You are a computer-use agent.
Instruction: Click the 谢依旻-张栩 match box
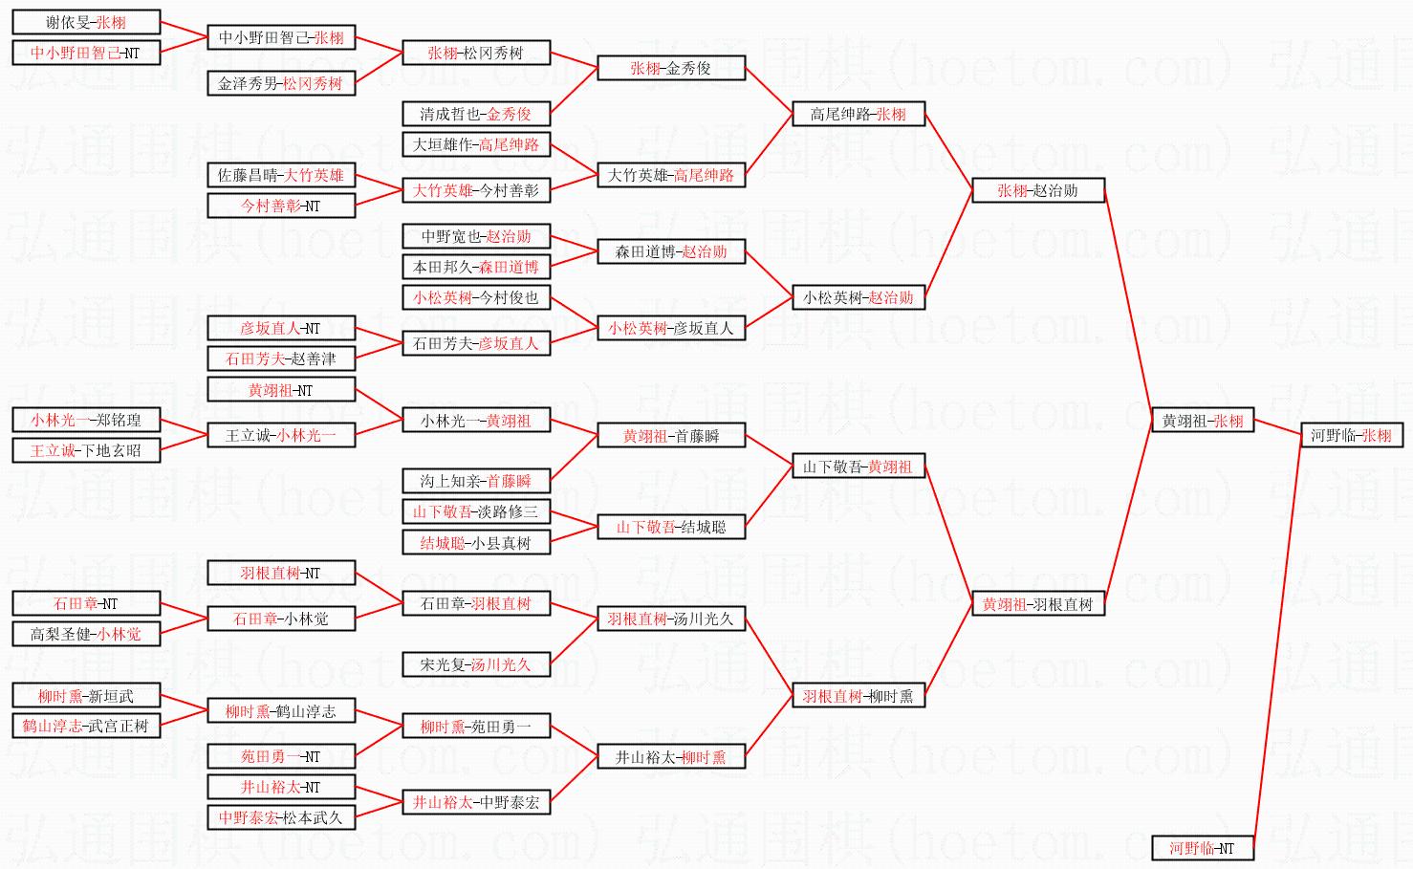(x=86, y=22)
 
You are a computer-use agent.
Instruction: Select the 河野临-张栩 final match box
(x=1351, y=435)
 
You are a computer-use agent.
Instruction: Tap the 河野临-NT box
(x=1202, y=848)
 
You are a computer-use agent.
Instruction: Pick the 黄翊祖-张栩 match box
(x=1203, y=421)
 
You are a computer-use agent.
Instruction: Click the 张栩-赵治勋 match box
(x=1037, y=190)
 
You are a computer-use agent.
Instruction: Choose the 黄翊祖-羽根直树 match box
(x=1037, y=604)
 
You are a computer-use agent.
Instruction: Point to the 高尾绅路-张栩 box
(x=858, y=114)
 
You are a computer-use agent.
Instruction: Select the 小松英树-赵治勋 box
(x=858, y=297)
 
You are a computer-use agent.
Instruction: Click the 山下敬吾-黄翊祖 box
(x=858, y=467)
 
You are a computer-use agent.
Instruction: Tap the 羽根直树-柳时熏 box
(x=858, y=696)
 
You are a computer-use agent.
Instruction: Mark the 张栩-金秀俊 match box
(x=670, y=68)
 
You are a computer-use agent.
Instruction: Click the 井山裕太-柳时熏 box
(x=670, y=757)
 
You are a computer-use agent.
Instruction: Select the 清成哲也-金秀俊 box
(x=475, y=114)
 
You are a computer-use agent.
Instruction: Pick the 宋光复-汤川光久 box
(x=475, y=664)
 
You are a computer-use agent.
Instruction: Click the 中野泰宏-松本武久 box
(x=280, y=817)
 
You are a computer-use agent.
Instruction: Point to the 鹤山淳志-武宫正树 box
(x=86, y=726)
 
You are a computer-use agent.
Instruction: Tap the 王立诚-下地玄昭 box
(x=86, y=450)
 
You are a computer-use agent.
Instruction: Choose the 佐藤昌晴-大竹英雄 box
(x=280, y=175)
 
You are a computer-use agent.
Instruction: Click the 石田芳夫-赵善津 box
(x=280, y=358)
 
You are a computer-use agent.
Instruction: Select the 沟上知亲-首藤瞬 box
(x=475, y=481)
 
